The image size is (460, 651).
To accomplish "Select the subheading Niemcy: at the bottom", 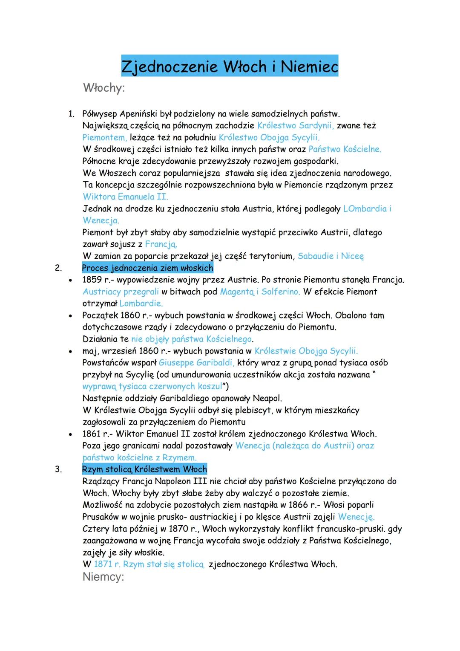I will pos(103,577).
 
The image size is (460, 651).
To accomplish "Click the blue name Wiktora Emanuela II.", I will pos(125,197).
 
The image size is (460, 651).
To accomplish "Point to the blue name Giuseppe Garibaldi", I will pos(196,363).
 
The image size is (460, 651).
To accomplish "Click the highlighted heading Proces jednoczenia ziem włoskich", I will pos(147,268).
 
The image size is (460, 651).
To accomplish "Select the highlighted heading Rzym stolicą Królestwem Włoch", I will pos(144,469).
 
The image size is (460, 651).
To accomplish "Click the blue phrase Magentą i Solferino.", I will pos(260,292).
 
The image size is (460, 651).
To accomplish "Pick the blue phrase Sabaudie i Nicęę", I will pos(331,256).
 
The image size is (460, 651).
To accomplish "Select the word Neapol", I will pos(267,399).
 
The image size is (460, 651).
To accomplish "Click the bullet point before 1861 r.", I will pos(70,434).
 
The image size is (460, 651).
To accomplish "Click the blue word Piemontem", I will pos(104,138).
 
